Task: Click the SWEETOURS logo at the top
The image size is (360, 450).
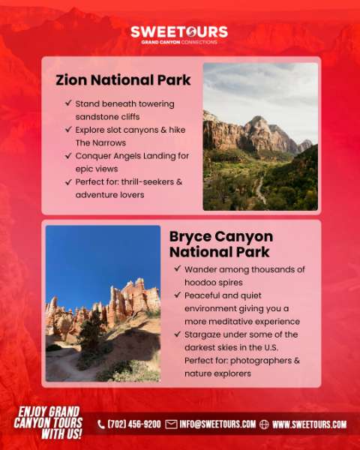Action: pyautogui.click(x=179, y=35)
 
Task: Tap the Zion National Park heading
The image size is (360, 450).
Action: pyautogui.click(x=123, y=80)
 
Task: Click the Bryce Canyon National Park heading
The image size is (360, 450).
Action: pyautogui.click(x=221, y=244)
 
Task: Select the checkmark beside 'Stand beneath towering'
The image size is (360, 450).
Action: pyautogui.click(x=68, y=103)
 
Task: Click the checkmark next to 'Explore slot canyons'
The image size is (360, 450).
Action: pyautogui.click(x=68, y=129)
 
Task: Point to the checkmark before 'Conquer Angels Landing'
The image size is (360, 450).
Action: pyautogui.click(x=68, y=155)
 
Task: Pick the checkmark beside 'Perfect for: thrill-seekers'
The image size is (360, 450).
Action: pyautogui.click(x=68, y=181)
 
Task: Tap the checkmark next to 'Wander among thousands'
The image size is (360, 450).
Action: pyautogui.click(x=178, y=268)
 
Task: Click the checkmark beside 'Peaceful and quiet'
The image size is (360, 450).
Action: pyautogui.click(x=178, y=295)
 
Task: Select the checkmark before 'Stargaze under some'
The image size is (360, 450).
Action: pyautogui.click(x=178, y=334)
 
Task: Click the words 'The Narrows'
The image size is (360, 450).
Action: pyautogui.click(x=100, y=142)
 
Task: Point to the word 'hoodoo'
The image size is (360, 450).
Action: pyautogui.click(x=198, y=283)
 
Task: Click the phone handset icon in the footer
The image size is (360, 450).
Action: pyautogui.click(x=101, y=424)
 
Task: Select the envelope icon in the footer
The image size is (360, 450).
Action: pyautogui.click(x=171, y=424)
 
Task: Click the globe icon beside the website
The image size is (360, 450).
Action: pyautogui.click(x=264, y=424)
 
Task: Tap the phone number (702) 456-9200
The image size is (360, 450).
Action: pyautogui.click(x=134, y=424)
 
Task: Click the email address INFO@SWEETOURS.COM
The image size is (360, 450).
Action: pyautogui.click(x=217, y=424)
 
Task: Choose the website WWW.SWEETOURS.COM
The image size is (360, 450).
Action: pyautogui.click(x=309, y=424)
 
